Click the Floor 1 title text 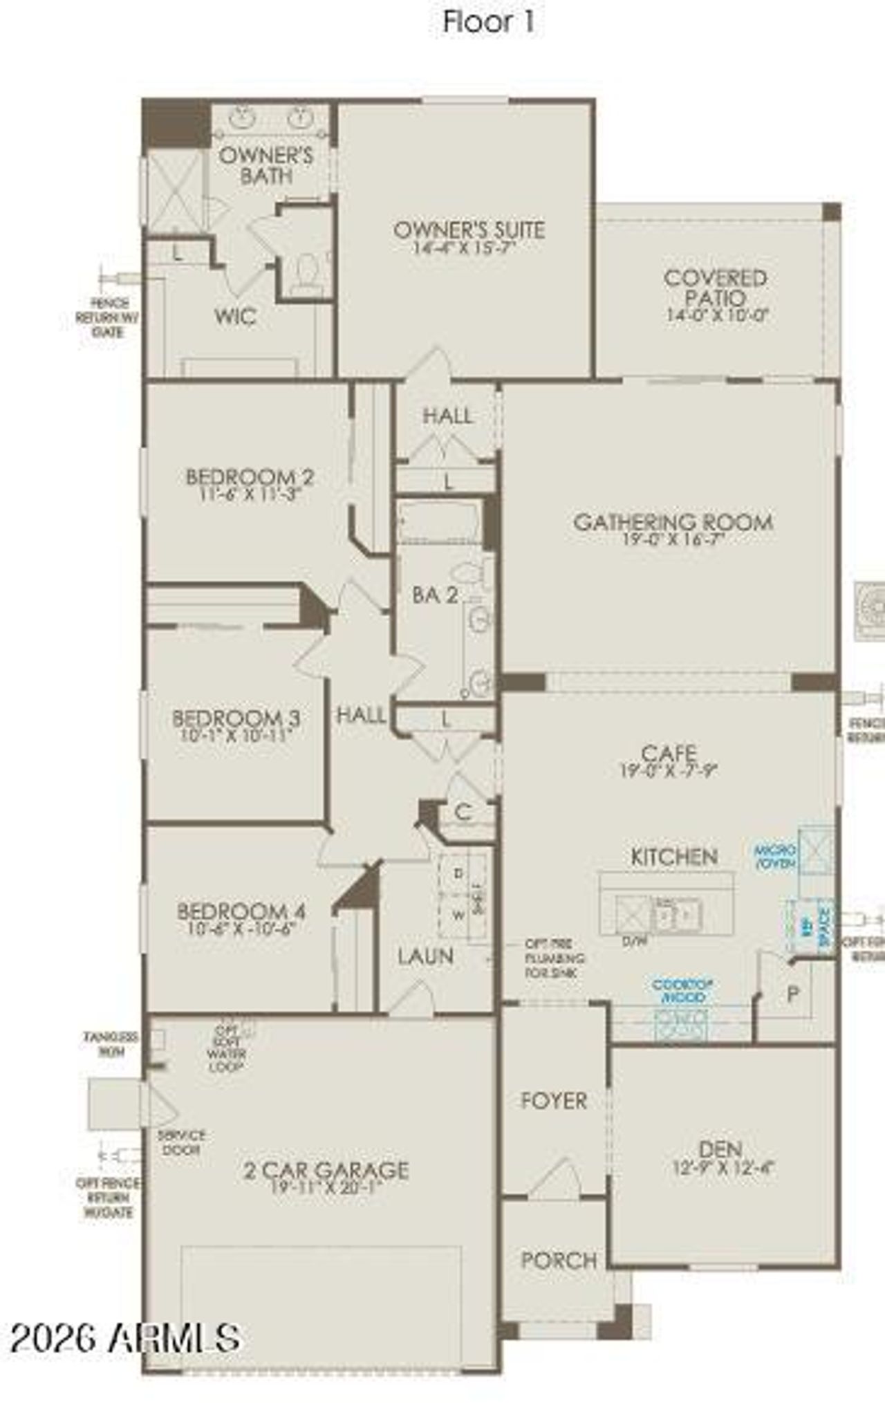click(x=488, y=22)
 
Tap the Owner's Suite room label click(x=469, y=230)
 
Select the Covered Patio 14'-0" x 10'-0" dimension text click(x=717, y=315)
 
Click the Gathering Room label click(x=673, y=522)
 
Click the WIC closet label click(x=235, y=317)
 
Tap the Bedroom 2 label click(x=250, y=477)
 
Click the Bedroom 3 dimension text click(x=236, y=735)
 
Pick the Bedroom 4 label click(x=241, y=911)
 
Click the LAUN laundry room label click(x=425, y=956)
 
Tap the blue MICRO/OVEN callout click(x=775, y=857)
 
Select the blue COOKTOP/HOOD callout click(x=682, y=990)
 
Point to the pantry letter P click(x=793, y=994)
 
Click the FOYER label click(x=554, y=1100)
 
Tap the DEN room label click(x=721, y=1149)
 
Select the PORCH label click(x=559, y=1260)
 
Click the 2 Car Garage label click(x=326, y=1170)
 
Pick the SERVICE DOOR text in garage click(x=181, y=1142)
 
